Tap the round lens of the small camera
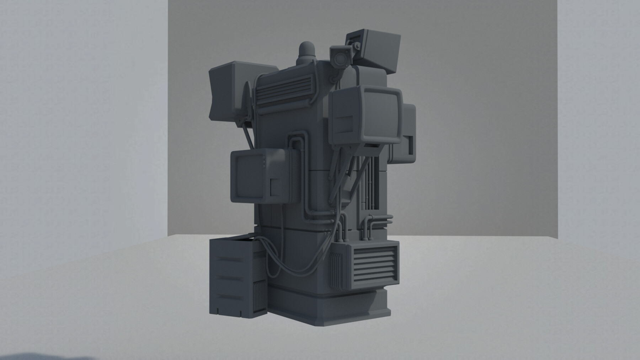pyautogui.click(x=341, y=57)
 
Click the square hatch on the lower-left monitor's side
pyautogui.click(x=276, y=187)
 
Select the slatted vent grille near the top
pyautogui.click(x=283, y=91)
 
